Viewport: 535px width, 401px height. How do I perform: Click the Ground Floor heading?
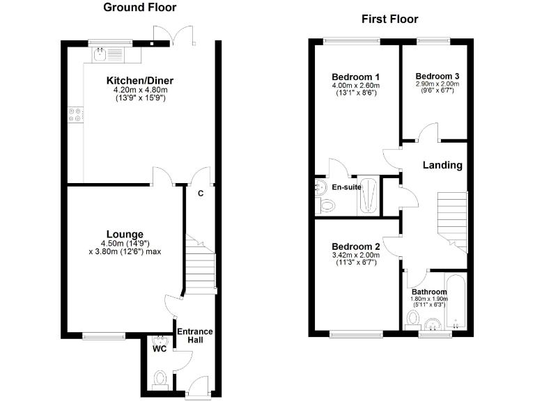pos(139,8)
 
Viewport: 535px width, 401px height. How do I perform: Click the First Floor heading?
pos(389,19)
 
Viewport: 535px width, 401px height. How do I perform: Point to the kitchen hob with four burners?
pos(75,115)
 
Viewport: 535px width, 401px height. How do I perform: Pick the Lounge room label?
pos(125,233)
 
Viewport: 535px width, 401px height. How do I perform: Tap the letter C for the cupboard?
pos(200,193)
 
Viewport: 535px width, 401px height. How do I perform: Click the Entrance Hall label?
pos(194,336)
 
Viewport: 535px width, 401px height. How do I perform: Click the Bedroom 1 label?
pos(355,77)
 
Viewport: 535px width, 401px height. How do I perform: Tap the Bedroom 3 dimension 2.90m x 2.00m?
pos(437,84)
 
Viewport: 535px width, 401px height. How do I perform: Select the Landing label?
pos(442,165)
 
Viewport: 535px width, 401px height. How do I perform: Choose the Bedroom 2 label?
pos(355,246)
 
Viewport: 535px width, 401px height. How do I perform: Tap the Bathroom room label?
pos(428,291)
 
